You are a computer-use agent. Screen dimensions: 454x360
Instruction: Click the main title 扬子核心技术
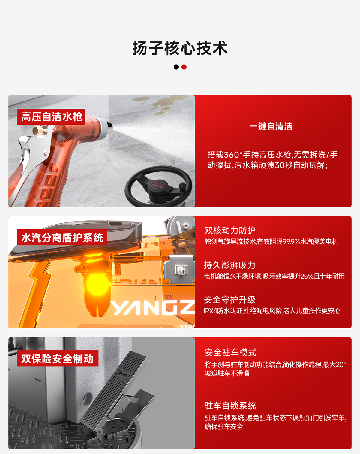[x=180, y=48]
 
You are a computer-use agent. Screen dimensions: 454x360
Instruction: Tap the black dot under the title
[x=176, y=67]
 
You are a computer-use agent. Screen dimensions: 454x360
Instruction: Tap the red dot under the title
[x=184, y=67]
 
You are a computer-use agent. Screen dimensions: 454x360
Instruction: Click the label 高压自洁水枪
[x=51, y=117]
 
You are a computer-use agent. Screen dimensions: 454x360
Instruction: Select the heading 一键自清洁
[x=271, y=126]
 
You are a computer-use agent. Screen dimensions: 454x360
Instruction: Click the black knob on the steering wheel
[x=182, y=186]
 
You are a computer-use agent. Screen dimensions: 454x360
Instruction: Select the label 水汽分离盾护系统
[x=62, y=238]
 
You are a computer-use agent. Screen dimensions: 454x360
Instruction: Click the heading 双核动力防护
[x=230, y=230]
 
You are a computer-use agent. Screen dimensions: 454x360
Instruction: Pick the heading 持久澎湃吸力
[x=229, y=265]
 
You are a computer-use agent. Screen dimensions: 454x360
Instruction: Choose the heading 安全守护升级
[x=229, y=300]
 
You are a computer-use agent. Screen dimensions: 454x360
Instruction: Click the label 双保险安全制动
[x=58, y=359]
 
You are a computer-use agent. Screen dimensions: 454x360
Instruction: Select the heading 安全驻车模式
[x=230, y=353]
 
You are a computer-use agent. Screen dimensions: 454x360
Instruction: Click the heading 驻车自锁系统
[x=230, y=406]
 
